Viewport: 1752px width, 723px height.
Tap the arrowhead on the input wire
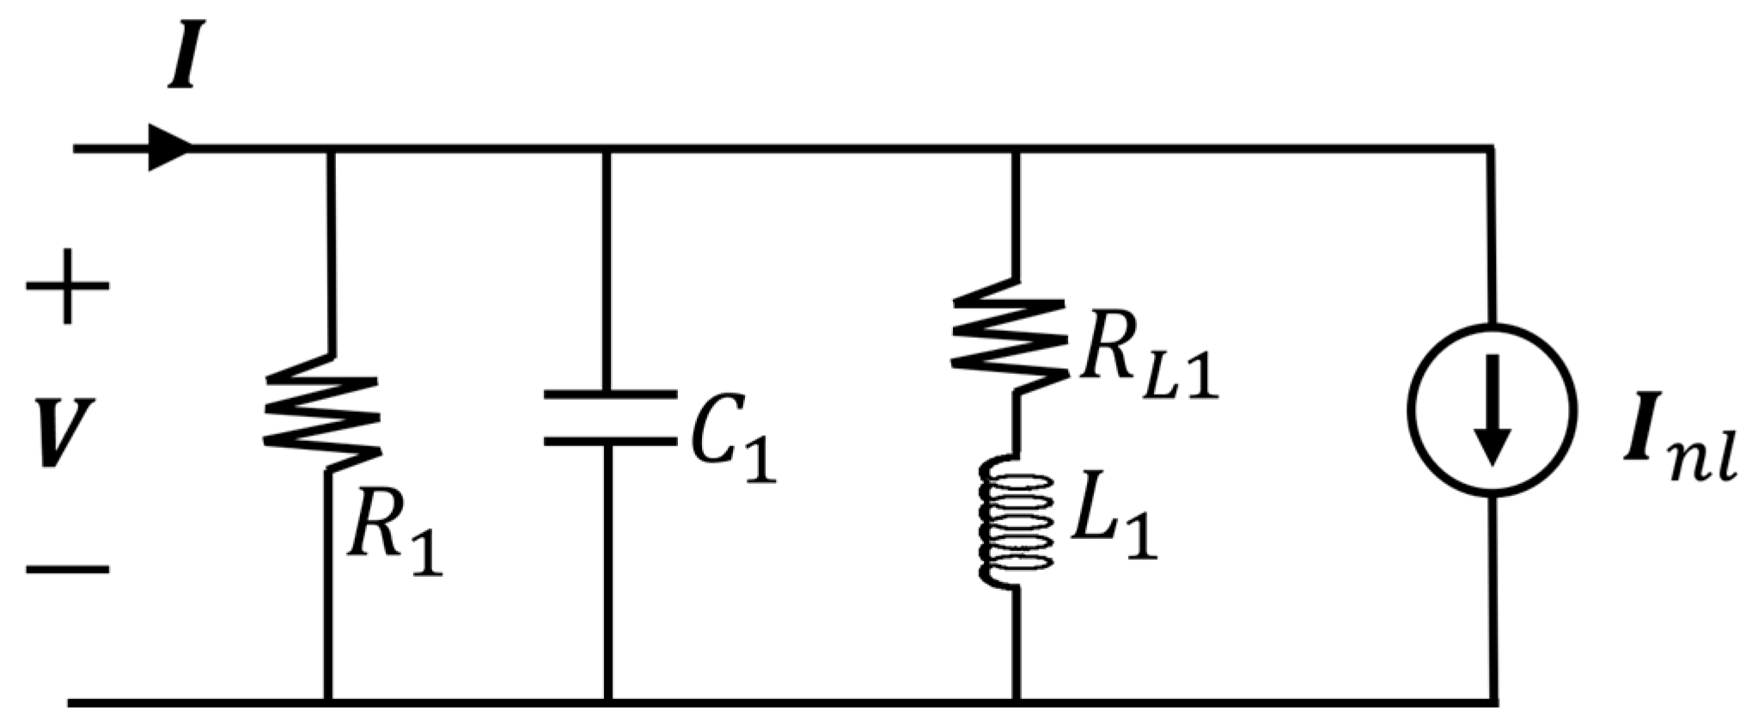pyautogui.click(x=168, y=148)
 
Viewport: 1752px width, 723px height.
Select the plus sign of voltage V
pyautogui.click(x=68, y=286)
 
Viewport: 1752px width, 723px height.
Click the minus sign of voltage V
pyautogui.click(x=68, y=568)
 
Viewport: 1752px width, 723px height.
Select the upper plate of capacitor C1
pyautogui.click(x=609, y=395)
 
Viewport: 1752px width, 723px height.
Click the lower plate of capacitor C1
pyautogui.click(x=609, y=442)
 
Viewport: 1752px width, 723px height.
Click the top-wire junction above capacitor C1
pyautogui.click(x=607, y=150)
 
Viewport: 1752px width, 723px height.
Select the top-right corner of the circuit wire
pyautogui.click(x=1491, y=150)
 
